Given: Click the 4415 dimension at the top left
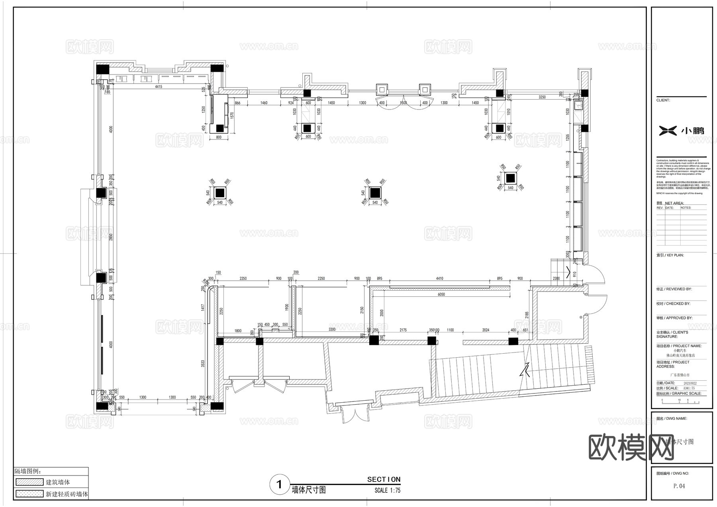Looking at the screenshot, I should [159, 86].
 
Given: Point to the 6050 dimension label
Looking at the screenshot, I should [441, 294].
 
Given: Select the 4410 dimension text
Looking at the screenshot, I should [439, 278].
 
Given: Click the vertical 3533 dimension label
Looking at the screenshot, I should [203, 363].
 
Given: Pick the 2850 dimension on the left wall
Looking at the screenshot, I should [112, 236].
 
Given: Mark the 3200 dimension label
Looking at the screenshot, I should [332, 329].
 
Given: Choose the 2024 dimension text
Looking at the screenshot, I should [486, 330].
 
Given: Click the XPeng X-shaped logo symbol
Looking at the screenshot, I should [668, 130].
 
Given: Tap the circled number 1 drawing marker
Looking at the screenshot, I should [279, 484].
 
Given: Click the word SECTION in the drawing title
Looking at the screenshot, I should [384, 480].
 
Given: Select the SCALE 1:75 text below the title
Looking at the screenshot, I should [387, 491].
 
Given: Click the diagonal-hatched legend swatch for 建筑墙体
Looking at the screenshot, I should [29, 482].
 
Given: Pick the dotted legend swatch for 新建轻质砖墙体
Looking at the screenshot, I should [29, 494].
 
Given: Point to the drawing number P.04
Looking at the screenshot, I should [679, 486].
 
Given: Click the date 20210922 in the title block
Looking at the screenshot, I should [687, 383].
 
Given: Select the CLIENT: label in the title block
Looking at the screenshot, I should [663, 100].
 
